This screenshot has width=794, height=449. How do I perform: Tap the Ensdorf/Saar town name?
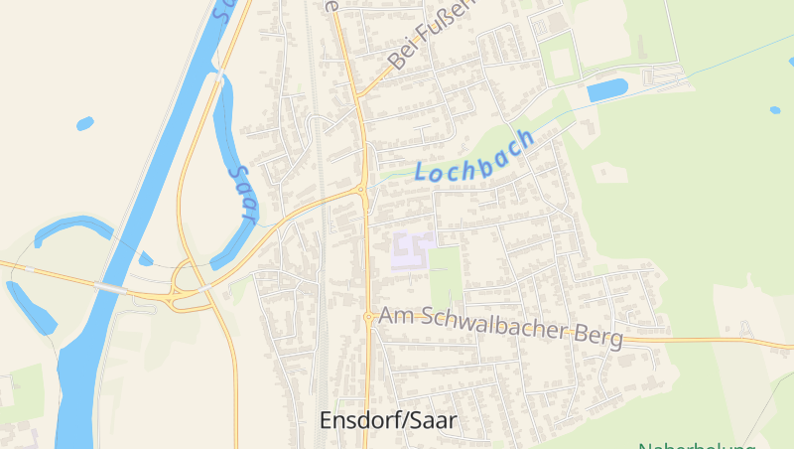[x=388, y=420]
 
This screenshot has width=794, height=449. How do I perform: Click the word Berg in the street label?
[x=599, y=337]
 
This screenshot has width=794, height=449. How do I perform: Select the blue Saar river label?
[x=242, y=193]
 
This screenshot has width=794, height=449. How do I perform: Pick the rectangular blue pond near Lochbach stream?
[x=607, y=90]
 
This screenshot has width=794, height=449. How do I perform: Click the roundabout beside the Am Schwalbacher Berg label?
[x=368, y=318]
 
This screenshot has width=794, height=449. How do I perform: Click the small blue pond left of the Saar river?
[x=85, y=124]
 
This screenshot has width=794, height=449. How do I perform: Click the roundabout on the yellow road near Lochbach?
[x=363, y=189]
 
